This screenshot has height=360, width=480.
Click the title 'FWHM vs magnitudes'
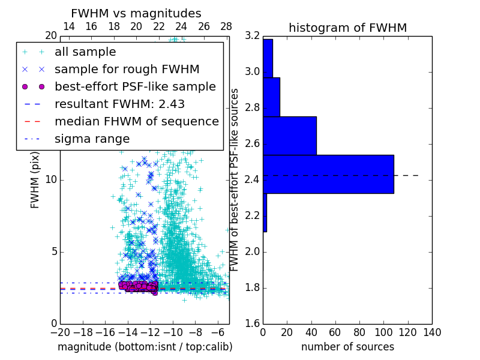pos(136,13)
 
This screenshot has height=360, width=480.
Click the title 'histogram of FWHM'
pos(347,28)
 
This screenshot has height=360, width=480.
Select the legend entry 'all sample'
pos(85,52)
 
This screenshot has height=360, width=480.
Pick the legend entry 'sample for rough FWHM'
pos(127,70)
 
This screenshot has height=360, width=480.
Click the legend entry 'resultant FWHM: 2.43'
pos(119,104)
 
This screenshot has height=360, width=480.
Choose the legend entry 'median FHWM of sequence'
pos(136,122)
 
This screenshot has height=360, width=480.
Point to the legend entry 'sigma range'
pos(92,139)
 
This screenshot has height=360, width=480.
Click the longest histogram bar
pos(328,174)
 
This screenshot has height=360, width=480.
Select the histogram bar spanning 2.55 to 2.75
pos(290,136)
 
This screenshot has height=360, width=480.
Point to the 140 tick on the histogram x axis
pos(432,332)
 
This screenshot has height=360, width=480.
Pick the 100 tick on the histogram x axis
pos(383,332)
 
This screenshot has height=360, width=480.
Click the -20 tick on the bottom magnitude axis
pos(60,332)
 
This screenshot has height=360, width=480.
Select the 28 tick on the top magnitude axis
pos(226,26)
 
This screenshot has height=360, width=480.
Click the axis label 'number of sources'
pos(347,347)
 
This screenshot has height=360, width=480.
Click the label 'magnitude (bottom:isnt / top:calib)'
pos(145,347)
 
